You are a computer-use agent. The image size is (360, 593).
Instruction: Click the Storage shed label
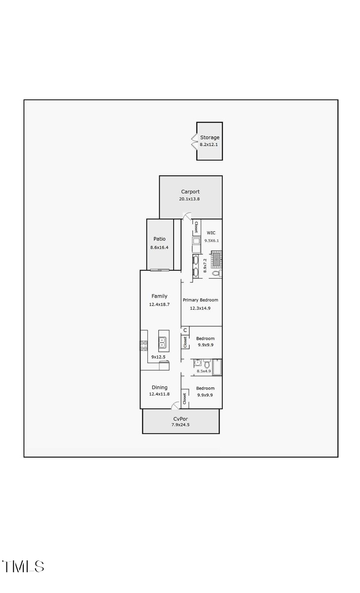[x=210, y=137]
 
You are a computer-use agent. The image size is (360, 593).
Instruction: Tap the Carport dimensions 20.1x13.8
[x=189, y=199]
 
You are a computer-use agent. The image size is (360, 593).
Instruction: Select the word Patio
[x=159, y=239]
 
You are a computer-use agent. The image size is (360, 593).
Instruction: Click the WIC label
[x=211, y=233]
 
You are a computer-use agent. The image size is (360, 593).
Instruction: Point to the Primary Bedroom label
[x=200, y=300]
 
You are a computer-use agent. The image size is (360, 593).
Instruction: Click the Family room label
[x=159, y=296]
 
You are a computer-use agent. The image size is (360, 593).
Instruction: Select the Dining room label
[x=159, y=387]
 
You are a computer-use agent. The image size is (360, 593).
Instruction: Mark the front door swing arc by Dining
[x=175, y=406]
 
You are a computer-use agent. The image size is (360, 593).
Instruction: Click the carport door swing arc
[x=187, y=216]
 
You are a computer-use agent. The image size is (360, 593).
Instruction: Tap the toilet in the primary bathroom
[x=217, y=272]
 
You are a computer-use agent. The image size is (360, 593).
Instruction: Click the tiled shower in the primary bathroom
[x=216, y=258]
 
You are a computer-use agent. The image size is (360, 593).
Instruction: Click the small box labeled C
[x=185, y=330]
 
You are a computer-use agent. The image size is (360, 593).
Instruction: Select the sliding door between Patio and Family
[x=160, y=270]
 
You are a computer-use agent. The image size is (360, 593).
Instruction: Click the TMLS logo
[x=23, y=566]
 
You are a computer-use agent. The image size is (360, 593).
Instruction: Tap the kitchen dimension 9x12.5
[x=158, y=357]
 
